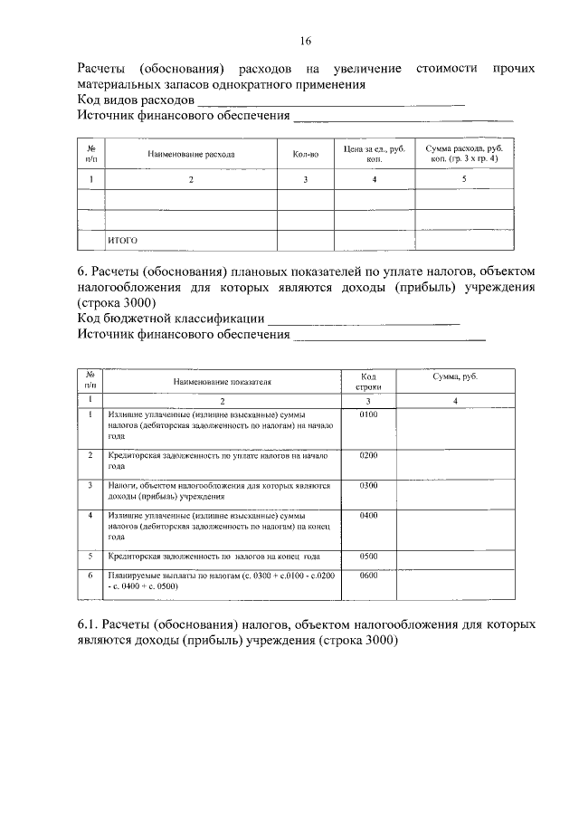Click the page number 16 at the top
306,42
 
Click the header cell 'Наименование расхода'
191,154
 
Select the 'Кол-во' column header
306,154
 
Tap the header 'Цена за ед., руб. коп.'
374,153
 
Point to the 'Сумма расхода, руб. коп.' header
464,153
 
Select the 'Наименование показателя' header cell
221,383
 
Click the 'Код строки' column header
367,381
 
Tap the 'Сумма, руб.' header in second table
456,376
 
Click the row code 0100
367,414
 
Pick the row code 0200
367,455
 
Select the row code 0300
367,486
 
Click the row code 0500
367,555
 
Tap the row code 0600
367,576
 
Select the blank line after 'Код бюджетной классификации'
365,323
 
